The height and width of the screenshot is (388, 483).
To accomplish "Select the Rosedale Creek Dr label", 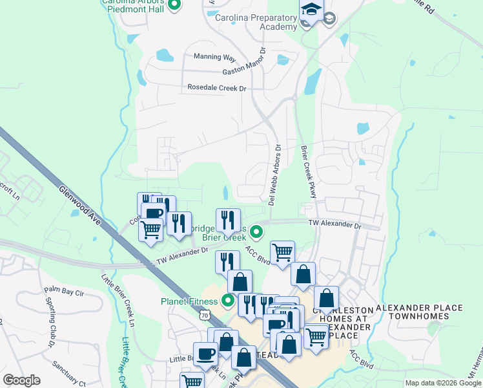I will (x=217, y=87).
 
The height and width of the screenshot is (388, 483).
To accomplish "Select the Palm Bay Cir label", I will (x=64, y=292).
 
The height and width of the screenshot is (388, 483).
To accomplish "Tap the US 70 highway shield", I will (x=205, y=315).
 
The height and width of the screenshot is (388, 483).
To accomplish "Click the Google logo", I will (x=22, y=380).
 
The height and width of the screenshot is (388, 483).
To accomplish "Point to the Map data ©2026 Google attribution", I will (x=442, y=383).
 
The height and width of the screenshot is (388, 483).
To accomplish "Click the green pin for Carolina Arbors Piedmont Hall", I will (x=174, y=6).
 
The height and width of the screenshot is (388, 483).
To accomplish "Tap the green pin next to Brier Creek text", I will (x=256, y=231).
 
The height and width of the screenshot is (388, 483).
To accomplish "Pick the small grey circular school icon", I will (x=329, y=18).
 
